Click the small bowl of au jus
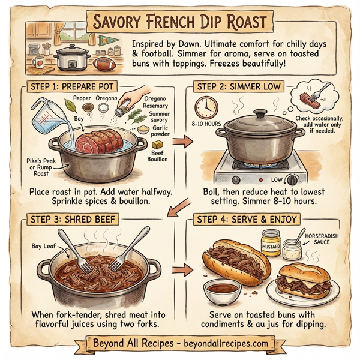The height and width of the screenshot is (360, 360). [x=217, y=292]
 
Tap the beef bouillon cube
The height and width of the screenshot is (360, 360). [x=157, y=146]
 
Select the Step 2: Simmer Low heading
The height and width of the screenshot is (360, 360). [x=238, y=87]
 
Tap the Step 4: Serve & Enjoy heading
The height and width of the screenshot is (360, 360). [x=248, y=220]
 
